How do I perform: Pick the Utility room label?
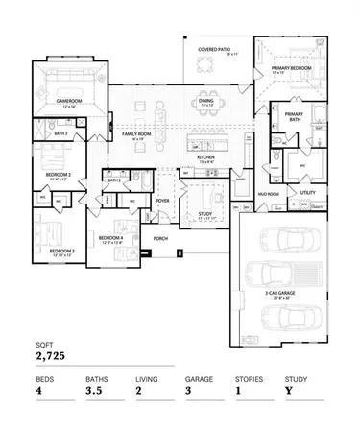[x=308, y=192]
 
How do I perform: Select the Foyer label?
[x=162, y=201]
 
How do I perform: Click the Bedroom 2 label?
[x=60, y=175]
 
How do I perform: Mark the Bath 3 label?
[x=60, y=133]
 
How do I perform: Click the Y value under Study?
[x=288, y=391]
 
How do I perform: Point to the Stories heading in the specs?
[x=249, y=378]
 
